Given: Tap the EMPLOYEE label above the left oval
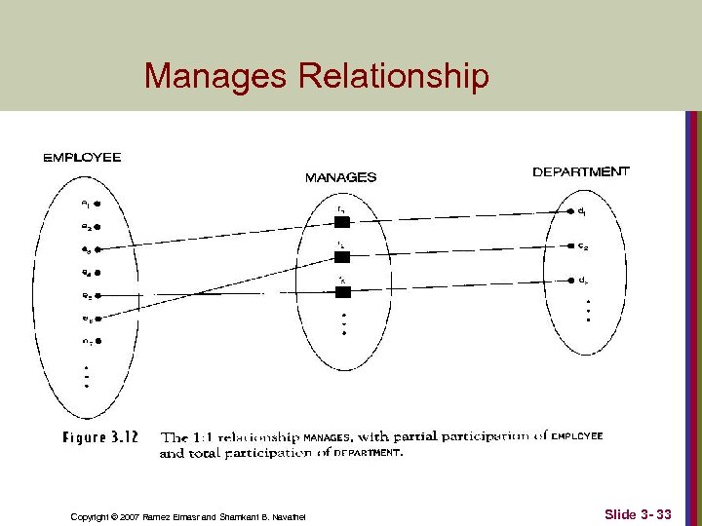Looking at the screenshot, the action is pyautogui.click(x=83, y=157).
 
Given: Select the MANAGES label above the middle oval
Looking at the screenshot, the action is pyautogui.click(x=340, y=177).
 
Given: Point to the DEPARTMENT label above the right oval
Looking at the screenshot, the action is pyautogui.click(x=581, y=171).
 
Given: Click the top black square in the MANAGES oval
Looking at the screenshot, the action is pyautogui.click(x=341, y=222).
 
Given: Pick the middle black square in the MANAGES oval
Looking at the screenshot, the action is pyautogui.click(x=341, y=257).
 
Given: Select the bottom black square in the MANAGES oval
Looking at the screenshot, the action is pyautogui.click(x=341, y=292).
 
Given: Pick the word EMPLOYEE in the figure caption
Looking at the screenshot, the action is pyautogui.click(x=577, y=437).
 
